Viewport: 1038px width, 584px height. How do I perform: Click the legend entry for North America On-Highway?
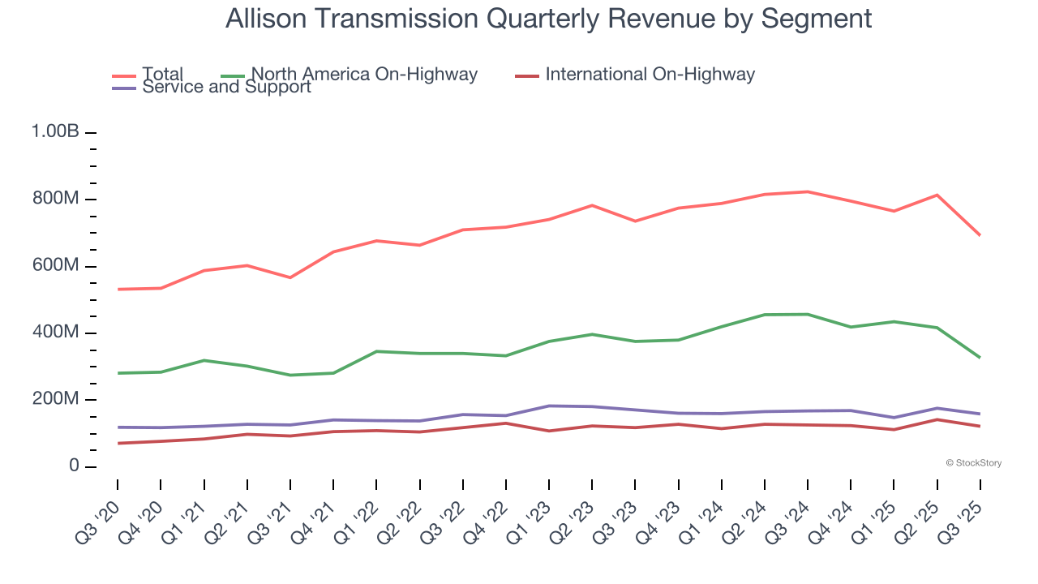point(364,75)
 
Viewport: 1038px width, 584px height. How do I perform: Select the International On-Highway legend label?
point(650,75)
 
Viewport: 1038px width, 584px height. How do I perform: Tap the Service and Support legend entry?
point(226,87)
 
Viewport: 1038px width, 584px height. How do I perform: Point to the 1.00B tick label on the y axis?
point(55,132)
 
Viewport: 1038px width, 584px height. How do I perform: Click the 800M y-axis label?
point(55,200)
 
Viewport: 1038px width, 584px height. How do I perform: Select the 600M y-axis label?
point(55,266)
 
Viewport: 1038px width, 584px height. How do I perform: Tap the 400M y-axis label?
point(55,333)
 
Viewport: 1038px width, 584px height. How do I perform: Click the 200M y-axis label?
point(55,400)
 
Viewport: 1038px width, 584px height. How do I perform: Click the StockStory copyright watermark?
point(973,463)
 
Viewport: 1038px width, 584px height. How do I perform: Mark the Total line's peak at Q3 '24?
point(808,191)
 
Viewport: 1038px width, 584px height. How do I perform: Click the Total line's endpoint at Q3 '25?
point(980,235)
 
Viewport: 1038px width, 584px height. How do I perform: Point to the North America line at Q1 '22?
point(376,351)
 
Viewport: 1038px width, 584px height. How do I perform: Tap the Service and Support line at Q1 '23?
point(549,406)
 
